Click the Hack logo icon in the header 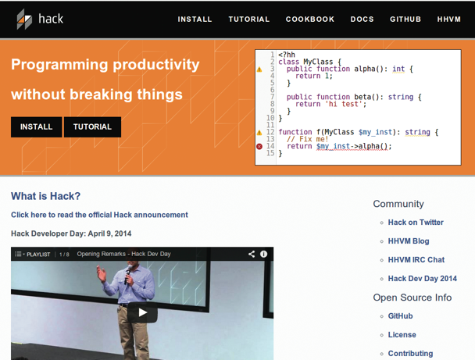(24, 19)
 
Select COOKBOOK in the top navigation (310, 20)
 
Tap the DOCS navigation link (362, 20)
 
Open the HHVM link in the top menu (449, 20)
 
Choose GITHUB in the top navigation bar (405, 20)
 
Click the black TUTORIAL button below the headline (92, 127)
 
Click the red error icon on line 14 (259, 147)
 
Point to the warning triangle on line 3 (259, 70)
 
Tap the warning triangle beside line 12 (259, 133)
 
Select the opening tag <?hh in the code (287, 55)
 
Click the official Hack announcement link (99, 215)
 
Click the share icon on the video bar (252, 254)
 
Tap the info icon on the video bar (263, 254)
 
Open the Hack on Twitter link (416, 223)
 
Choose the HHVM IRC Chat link (416, 260)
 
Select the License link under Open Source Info (402, 334)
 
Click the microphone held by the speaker (128, 274)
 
